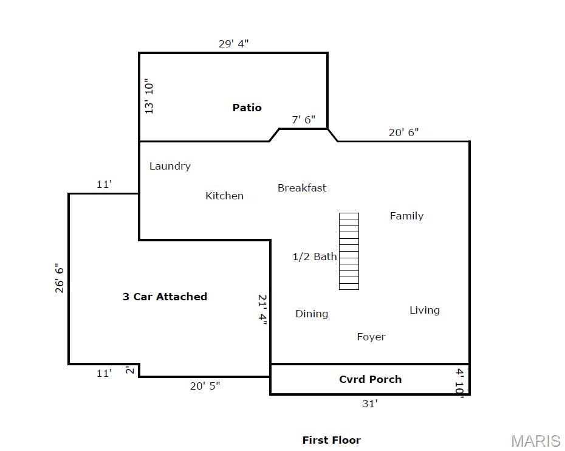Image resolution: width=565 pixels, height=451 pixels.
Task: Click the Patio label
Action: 247,108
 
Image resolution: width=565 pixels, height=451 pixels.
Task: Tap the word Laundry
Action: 170,166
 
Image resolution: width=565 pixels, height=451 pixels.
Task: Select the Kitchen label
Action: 225,196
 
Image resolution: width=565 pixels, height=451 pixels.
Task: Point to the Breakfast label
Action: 302,188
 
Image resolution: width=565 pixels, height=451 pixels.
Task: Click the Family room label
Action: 407,216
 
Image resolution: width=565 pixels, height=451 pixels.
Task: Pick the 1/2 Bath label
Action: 315,256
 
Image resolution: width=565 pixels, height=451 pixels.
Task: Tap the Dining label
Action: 312,314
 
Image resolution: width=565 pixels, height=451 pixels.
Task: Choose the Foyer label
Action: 371,337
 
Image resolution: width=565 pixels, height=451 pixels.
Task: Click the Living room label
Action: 425,311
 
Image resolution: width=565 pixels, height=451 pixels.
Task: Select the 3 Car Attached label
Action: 165,297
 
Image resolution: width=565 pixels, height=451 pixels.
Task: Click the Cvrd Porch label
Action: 371,379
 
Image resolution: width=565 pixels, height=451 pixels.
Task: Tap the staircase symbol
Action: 349,251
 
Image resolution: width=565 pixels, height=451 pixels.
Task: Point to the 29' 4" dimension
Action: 233,44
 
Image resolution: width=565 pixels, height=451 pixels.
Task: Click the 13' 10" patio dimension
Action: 149,96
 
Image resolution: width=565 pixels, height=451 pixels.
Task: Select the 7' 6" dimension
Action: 303,119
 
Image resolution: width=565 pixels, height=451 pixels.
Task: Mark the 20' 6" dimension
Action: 403,133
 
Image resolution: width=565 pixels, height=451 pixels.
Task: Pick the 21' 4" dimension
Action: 262,309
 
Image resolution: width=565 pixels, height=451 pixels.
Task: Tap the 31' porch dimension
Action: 370,404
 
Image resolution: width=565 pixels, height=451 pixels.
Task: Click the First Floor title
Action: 332,440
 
